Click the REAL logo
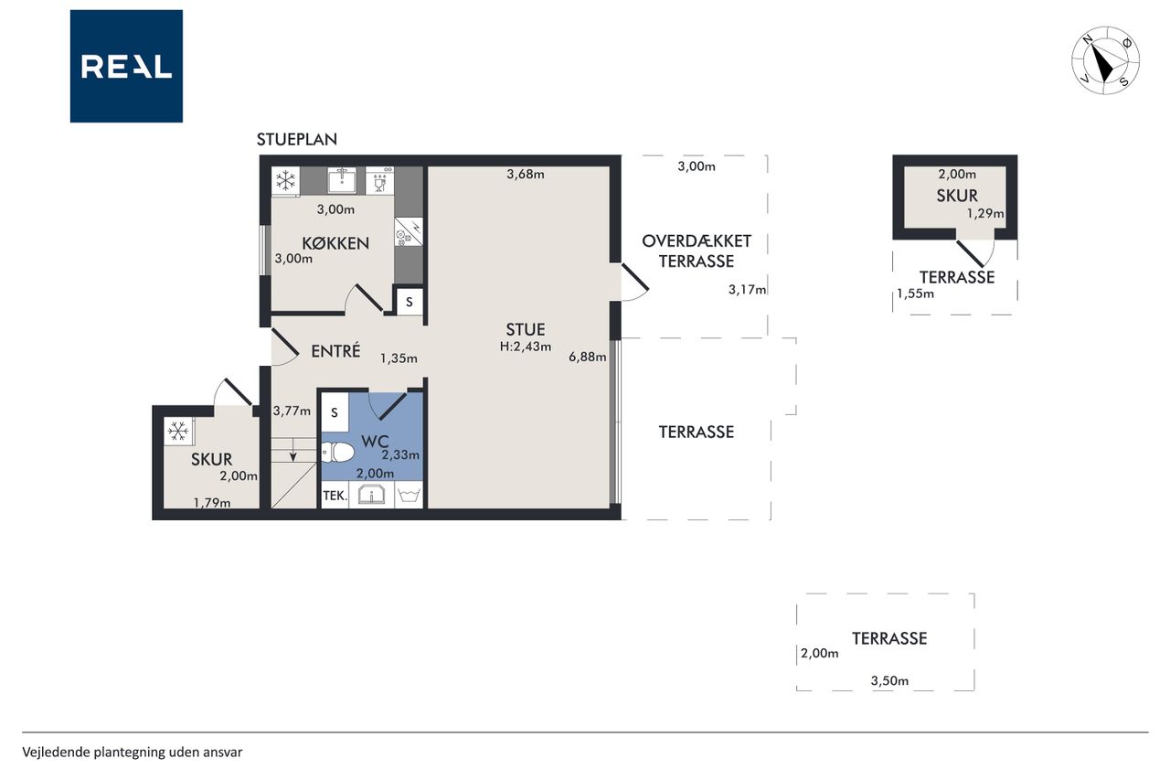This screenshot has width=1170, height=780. coord(126,67)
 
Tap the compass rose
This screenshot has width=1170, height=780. coord(1105,60)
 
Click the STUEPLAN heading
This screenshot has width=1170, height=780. coord(297,140)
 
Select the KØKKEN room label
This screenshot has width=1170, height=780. coord(335,243)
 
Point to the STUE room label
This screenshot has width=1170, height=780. coord(526,330)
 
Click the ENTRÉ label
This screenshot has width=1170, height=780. coord(335,350)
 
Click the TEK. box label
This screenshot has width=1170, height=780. coord(335,496)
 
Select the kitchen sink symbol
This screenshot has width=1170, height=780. coord(342,181)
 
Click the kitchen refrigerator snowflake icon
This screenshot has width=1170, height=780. coord(285,181)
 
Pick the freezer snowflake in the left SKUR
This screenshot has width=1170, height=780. coord(178,431)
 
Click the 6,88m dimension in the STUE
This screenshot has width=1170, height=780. coord(588,357)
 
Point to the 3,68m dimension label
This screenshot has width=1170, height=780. coord(526,174)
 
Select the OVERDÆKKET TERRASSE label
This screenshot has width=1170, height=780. coord(697,251)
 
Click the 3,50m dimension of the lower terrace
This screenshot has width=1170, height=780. coord(889,680)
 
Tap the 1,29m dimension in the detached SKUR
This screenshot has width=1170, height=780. coord(985,213)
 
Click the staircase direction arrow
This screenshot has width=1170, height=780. coord(293,450)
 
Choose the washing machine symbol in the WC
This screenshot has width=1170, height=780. coord(409,495)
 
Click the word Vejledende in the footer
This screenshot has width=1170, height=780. coord(57,753)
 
